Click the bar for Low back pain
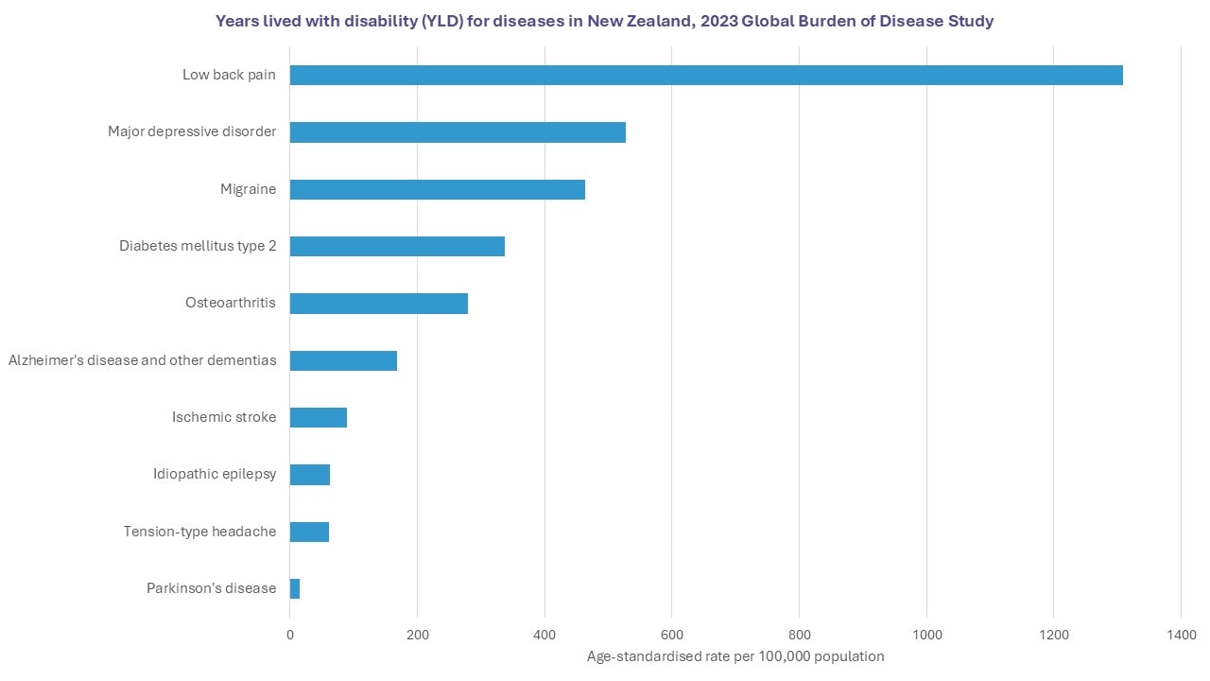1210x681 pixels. click(x=706, y=76)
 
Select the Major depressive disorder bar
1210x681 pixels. click(x=458, y=132)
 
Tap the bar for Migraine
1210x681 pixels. click(x=437, y=189)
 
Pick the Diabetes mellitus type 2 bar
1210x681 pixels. click(x=397, y=246)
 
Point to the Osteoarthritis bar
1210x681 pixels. click(x=378, y=304)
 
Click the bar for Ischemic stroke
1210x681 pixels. click(x=318, y=417)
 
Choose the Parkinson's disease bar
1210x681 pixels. click(x=295, y=588)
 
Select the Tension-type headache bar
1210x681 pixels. click(x=309, y=532)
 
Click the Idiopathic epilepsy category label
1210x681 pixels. click(x=215, y=474)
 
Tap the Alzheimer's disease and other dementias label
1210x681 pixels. click(x=143, y=360)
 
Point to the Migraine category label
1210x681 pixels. click(x=249, y=189)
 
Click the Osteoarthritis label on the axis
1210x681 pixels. click(x=231, y=304)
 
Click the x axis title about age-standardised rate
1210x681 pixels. click(x=735, y=656)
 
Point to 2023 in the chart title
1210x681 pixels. click(x=719, y=21)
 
